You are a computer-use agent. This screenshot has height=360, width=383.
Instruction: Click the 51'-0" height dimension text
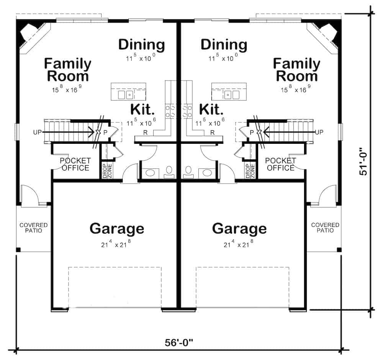(363, 162)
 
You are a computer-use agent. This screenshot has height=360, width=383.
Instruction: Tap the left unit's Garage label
(117, 228)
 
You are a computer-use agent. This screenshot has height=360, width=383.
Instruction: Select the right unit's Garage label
(239, 228)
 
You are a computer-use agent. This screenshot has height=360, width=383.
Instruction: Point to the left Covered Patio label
(34, 228)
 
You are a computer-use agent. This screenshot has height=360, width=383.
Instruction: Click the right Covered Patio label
(325, 228)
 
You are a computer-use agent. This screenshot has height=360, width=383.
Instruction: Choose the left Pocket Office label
(75, 164)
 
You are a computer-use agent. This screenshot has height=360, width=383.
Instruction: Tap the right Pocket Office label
(281, 164)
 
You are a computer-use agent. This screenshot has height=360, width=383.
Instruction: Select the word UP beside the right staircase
(319, 132)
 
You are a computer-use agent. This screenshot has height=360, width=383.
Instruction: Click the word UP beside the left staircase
(38, 132)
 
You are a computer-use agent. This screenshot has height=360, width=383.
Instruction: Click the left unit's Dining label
(141, 45)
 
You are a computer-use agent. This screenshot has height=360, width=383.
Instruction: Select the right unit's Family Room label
(296, 70)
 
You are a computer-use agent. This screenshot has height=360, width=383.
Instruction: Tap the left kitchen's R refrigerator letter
(145, 133)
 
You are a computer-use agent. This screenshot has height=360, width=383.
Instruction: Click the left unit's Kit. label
(142, 110)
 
